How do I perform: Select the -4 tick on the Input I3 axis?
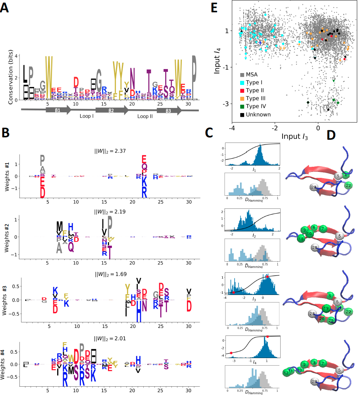232,129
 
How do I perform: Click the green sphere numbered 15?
301,238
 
